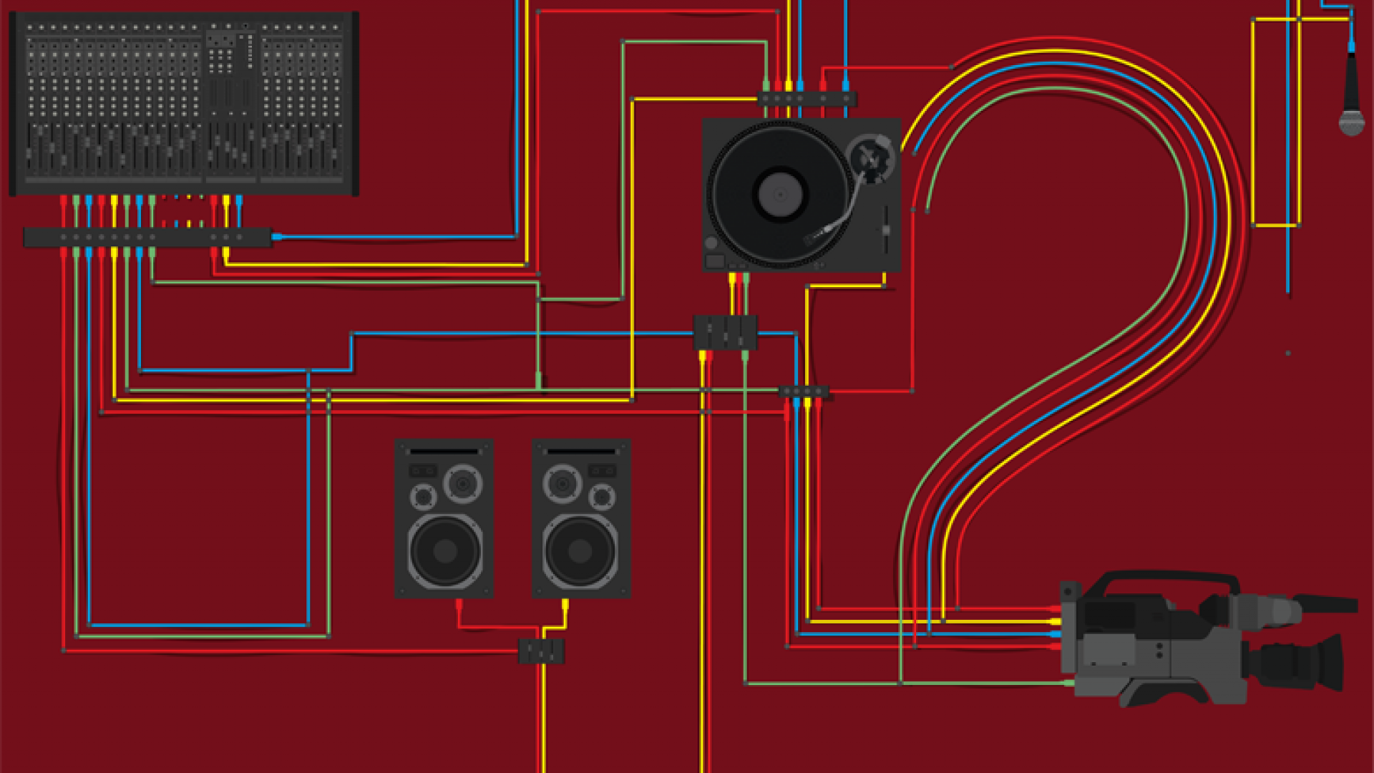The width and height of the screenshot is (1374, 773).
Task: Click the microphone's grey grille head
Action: coord(1351,122)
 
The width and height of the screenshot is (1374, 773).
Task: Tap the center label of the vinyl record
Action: coord(780,194)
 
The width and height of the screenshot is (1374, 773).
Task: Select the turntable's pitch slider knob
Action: coord(886,230)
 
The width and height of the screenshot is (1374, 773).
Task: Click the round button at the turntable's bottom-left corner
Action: coord(711,243)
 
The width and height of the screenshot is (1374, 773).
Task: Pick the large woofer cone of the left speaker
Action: coord(445,550)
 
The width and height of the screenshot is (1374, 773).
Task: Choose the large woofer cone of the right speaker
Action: coord(580,550)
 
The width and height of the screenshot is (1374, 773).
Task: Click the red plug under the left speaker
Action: coord(459,605)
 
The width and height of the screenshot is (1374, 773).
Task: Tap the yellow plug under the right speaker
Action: coord(565,605)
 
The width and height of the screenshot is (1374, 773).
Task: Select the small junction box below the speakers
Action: coord(541,651)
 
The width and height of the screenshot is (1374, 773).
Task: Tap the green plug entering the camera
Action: coord(1068,683)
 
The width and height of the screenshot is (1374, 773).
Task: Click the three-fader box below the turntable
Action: coord(725,332)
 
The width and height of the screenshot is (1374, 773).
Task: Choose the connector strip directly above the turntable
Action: coord(807,99)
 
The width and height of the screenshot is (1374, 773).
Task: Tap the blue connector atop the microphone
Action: coord(1351,47)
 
